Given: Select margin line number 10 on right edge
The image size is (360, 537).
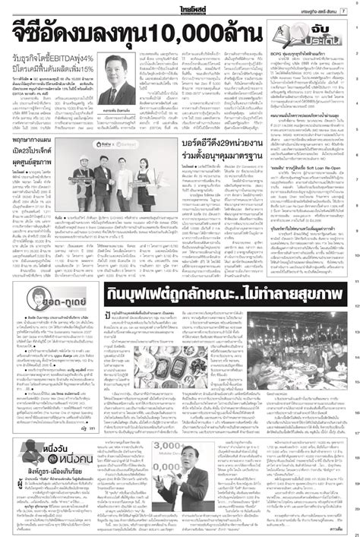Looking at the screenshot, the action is tap(355, 257).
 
